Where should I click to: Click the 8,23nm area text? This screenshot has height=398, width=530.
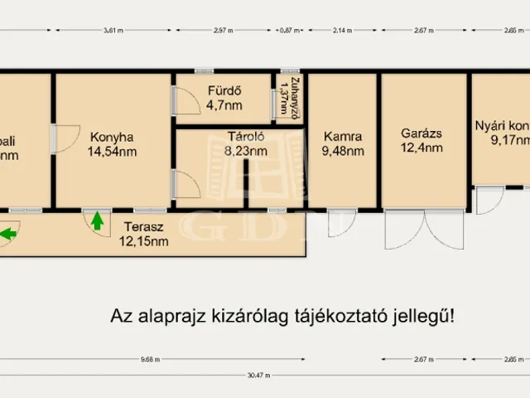click(245, 151)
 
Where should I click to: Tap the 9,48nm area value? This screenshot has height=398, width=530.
click(343, 151)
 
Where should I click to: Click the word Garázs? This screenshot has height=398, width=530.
click(421, 133)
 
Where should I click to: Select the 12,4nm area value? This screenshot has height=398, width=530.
click(421, 148)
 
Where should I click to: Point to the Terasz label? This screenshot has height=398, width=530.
click(143, 227)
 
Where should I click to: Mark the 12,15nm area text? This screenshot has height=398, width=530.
click(143, 241)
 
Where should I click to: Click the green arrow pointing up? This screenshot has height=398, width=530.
click(98, 221)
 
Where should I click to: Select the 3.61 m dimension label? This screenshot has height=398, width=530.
click(113, 31)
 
